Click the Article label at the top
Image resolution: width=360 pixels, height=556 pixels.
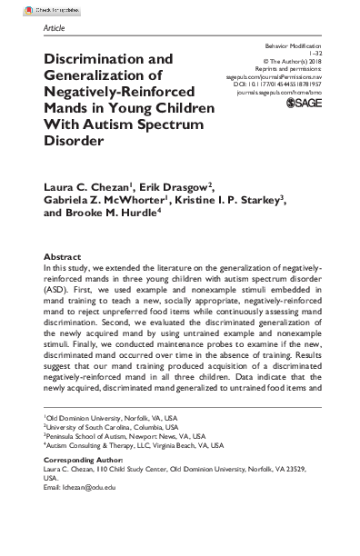point(55,29)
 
